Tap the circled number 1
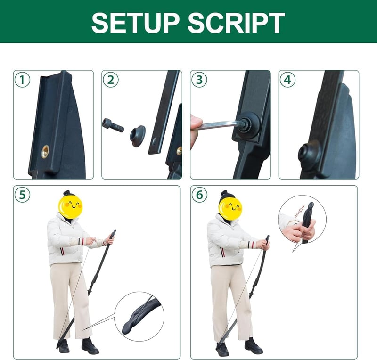coord(22,80)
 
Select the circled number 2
coord(111,80)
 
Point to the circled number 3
coord(199,80)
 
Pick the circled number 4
coord(287,80)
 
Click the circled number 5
coord(22,195)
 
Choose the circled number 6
coord(199,195)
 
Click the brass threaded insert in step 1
coord(45,152)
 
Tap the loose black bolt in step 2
coord(113,125)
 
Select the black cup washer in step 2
coord(138,136)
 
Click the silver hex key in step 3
coord(221,125)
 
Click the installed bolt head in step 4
coord(310,154)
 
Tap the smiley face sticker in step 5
coord(70,207)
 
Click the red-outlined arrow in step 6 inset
coord(300,212)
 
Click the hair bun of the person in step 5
coord(66,193)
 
